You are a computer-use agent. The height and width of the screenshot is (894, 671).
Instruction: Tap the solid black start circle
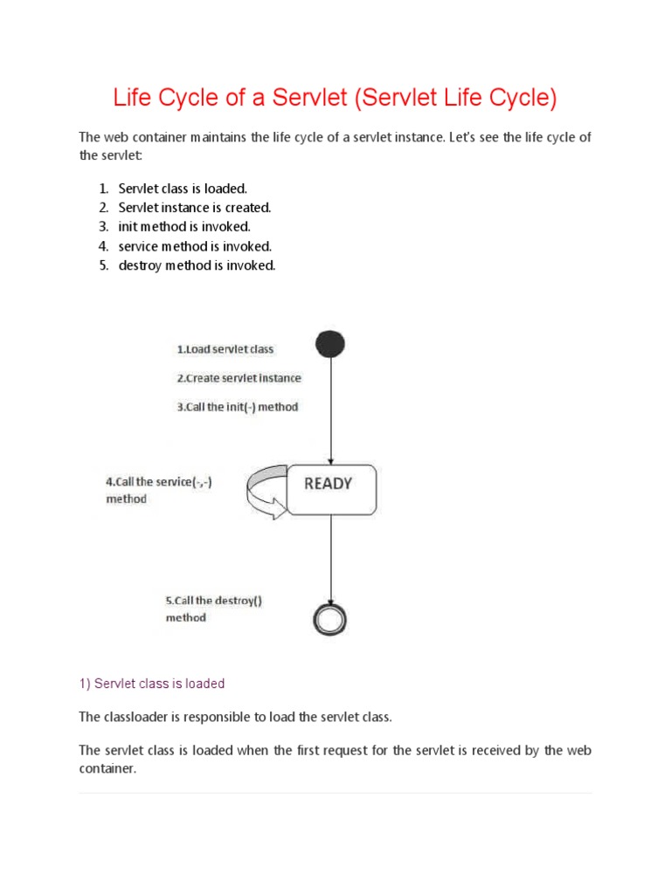point(330,344)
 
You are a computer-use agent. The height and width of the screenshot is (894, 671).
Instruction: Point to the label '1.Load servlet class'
point(225,349)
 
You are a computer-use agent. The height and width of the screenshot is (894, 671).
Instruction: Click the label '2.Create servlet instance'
point(239,378)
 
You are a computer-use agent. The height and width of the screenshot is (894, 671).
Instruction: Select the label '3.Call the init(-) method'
point(237,407)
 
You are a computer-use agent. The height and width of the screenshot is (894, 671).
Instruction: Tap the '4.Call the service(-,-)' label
point(158,481)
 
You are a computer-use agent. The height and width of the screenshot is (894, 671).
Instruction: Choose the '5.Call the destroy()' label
point(213,601)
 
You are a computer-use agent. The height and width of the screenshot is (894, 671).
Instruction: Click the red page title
point(335,98)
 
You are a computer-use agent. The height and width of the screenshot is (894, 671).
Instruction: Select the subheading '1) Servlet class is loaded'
point(152,684)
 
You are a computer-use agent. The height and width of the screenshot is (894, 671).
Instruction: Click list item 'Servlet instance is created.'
point(195,208)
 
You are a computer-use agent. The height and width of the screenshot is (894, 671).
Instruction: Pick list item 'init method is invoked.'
point(184,227)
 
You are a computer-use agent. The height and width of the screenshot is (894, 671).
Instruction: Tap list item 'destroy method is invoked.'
point(197,265)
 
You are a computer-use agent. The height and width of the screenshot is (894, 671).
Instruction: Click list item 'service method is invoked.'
point(195,246)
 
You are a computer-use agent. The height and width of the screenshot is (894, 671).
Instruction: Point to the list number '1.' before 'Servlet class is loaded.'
point(103,189)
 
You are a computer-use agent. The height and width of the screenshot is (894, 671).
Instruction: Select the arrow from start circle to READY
point(330,410)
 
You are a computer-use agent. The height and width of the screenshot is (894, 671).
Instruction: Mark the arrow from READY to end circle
point(330,559)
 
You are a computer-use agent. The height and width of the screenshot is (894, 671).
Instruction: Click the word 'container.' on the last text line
point(108,768)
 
